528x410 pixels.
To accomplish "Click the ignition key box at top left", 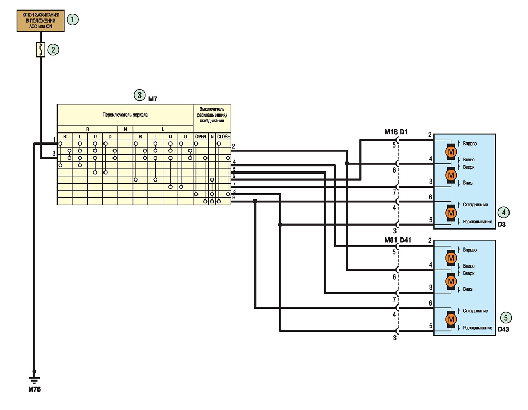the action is click(41, 21).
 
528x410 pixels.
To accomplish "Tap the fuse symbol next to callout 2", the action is click(41, 50).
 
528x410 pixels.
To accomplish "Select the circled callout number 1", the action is click(72, 20).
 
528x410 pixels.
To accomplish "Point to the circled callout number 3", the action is click(139, 96).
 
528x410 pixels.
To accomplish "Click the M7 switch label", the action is click(153, 99).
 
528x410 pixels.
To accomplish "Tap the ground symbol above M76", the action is click(34, 380).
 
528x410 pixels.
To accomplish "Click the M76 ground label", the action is click(34, 389).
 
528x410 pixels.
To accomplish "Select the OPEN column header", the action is click(201, 137).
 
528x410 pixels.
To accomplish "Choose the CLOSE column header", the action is click(223, 137).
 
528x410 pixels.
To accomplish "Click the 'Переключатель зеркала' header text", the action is click(125, 115).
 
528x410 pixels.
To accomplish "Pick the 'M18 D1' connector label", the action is click(396, 132).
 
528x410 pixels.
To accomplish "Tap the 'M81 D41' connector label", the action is click(398, 240).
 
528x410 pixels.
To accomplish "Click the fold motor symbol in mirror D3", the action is click(451, 213).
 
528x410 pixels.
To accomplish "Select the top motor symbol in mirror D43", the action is click(451, 258).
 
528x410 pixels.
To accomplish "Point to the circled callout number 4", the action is click(503, 213).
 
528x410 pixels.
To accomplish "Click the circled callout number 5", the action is click(505, 318).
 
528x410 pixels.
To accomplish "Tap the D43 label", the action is click(503, 330).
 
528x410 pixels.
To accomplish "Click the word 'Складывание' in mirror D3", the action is click(475, 205).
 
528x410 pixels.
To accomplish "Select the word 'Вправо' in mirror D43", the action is click(469, 250).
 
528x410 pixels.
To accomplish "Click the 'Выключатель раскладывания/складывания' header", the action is click(212, 115).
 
